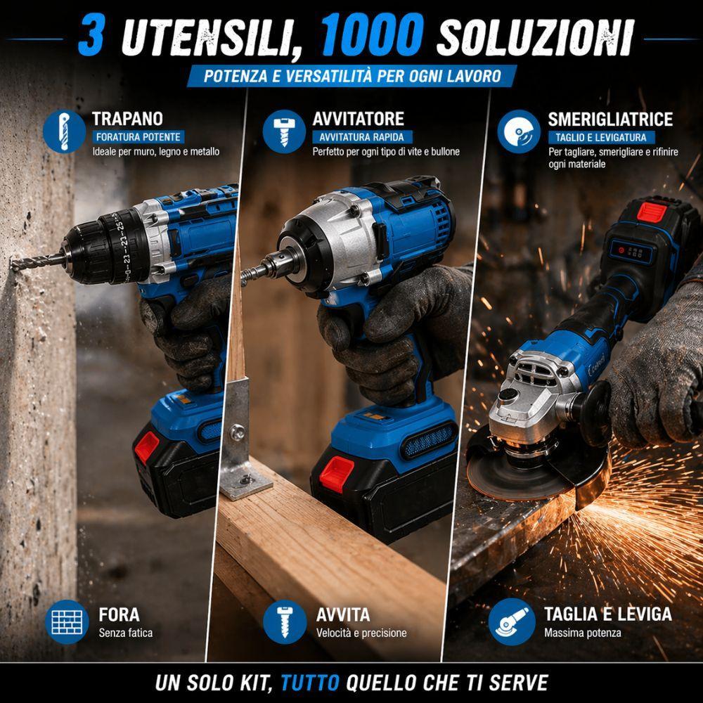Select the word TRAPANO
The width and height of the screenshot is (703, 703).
[127, 119]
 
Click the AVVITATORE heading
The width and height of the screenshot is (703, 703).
[359, 119]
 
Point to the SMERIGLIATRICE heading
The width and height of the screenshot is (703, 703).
[610, 119]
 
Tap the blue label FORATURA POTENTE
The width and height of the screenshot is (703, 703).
[138, 137]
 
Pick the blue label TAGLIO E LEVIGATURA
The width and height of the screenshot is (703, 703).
[600, 137]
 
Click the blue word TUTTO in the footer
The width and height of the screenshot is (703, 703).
[311, 682]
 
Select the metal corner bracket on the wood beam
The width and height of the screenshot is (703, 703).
[243, 442]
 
